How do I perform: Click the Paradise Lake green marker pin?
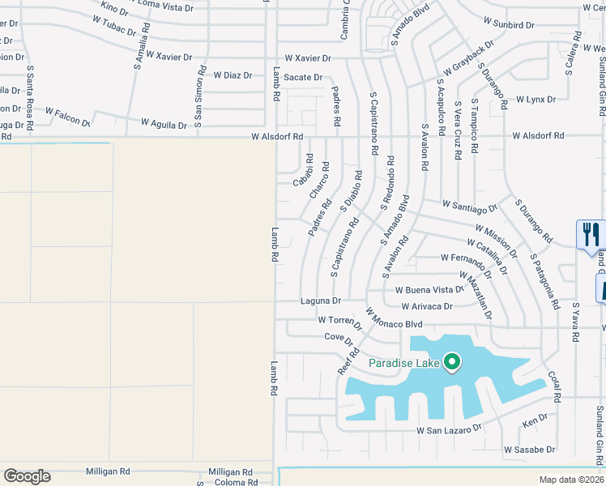452,363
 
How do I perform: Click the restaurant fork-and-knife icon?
589,235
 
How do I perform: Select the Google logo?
27,476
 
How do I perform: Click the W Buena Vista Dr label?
429,289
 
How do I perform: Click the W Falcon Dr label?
67,116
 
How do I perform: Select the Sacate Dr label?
307,77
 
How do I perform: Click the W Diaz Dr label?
233,75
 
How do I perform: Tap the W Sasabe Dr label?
530,449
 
